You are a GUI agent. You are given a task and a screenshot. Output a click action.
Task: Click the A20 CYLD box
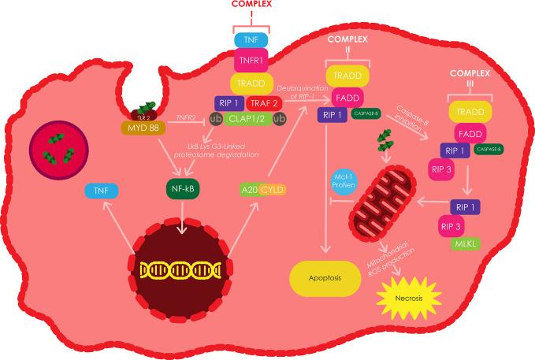262,189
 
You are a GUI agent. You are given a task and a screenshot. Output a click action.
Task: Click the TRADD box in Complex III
470,110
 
